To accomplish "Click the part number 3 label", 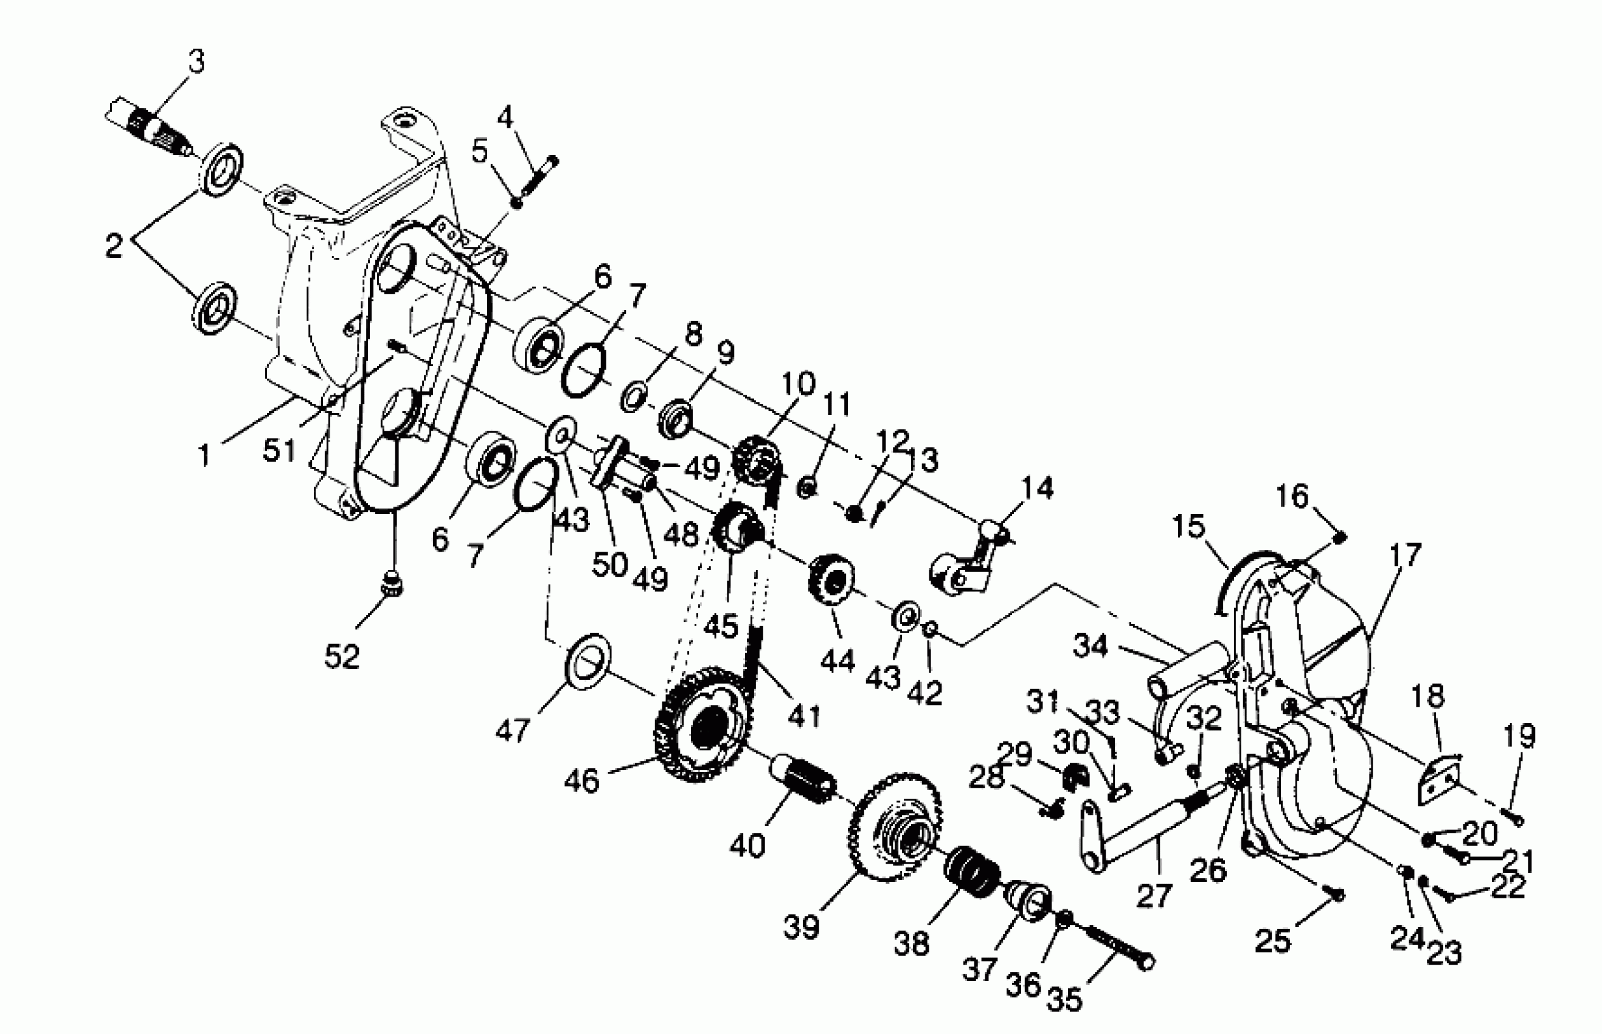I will tap(196, 62).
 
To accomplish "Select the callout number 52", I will tap(342, 656).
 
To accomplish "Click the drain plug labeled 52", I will tap(392, 584).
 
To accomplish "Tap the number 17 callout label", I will tap(1404, 555).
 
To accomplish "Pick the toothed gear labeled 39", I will tap(896, 829).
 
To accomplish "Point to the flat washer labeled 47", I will tap(589, 660).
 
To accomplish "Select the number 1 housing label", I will tap(205, 457).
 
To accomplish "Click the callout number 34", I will tap(1090, 647).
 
